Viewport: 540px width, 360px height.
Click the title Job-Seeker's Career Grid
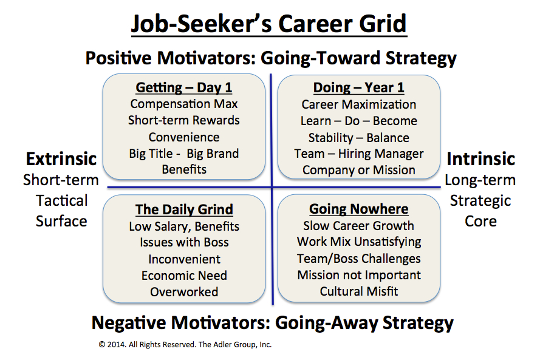pyautogui.click(x=269, y=24)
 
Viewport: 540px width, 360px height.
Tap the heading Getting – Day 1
pyautogui.click(x=184, y=88)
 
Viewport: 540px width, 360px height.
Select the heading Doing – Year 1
pyautogui.click(x=358, y=88)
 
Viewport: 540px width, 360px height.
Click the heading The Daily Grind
pyautogui.click(x=184, y=209)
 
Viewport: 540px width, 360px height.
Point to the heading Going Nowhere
pyautogui.click(x=358, y=209)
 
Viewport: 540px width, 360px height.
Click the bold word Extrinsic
pyautogui.click(x=61, y=159)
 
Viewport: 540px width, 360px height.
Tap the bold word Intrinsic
pyautogui.click(x=480, y=159)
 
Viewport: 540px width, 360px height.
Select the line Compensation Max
pyautogui.click(x=184, y=104)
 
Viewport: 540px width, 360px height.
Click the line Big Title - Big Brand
pyautogui.click(x=184, y=154)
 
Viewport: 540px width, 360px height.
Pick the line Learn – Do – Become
pyautogui.click(x=358, y=121)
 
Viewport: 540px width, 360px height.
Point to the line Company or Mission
pyautogui.click(x=359, y=170)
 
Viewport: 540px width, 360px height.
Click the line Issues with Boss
pyautogui.click(x=184, y=242)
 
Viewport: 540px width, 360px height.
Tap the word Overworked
pyautogui.click(x=184, y=292)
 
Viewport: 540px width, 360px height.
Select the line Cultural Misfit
pyautogui.click(x=359, y=291)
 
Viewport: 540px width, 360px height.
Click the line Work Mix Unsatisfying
pyautogui.click(x=359, y=242)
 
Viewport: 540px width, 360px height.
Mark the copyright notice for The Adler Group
pyautogui.click(x=185, y=344)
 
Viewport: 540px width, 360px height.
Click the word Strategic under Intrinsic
pyautogui.click(x=480, y=201)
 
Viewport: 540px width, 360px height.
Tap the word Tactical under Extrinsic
pyautogui.click(x=61, y=201)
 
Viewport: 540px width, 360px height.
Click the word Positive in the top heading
pyautogui.click(x=118, y=58)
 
